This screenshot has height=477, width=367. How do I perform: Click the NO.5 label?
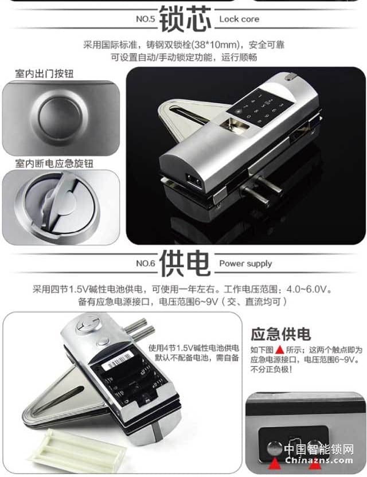click(x=146, y=19)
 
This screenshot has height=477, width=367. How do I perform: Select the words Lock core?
click(x=239, y=19)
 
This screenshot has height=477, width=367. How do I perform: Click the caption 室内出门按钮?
click(x=44, y=74)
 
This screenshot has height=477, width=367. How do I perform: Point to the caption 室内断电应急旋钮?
click(x=54, y=163)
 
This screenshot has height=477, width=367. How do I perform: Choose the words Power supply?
click(x=245, y=264)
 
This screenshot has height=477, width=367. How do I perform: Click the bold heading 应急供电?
click(x=280, y=334)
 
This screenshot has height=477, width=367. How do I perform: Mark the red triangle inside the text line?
click(x=279, y=349)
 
